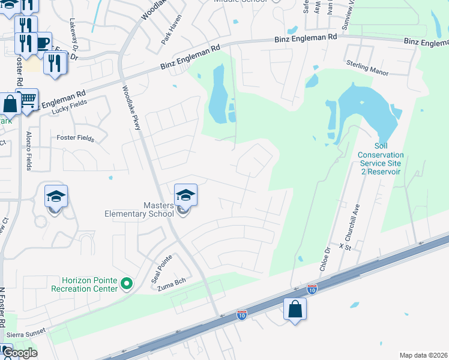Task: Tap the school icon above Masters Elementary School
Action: click(x=185, y=196)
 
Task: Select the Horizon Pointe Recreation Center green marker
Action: click(x=126, y=283)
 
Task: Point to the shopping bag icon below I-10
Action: click(x=295, y=310)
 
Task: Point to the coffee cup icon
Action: click(x=42, y=43)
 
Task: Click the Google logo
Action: click(x=19, y=353)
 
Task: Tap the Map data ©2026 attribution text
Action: click(x=423, y=355)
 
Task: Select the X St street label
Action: click(x=344, y=246)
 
